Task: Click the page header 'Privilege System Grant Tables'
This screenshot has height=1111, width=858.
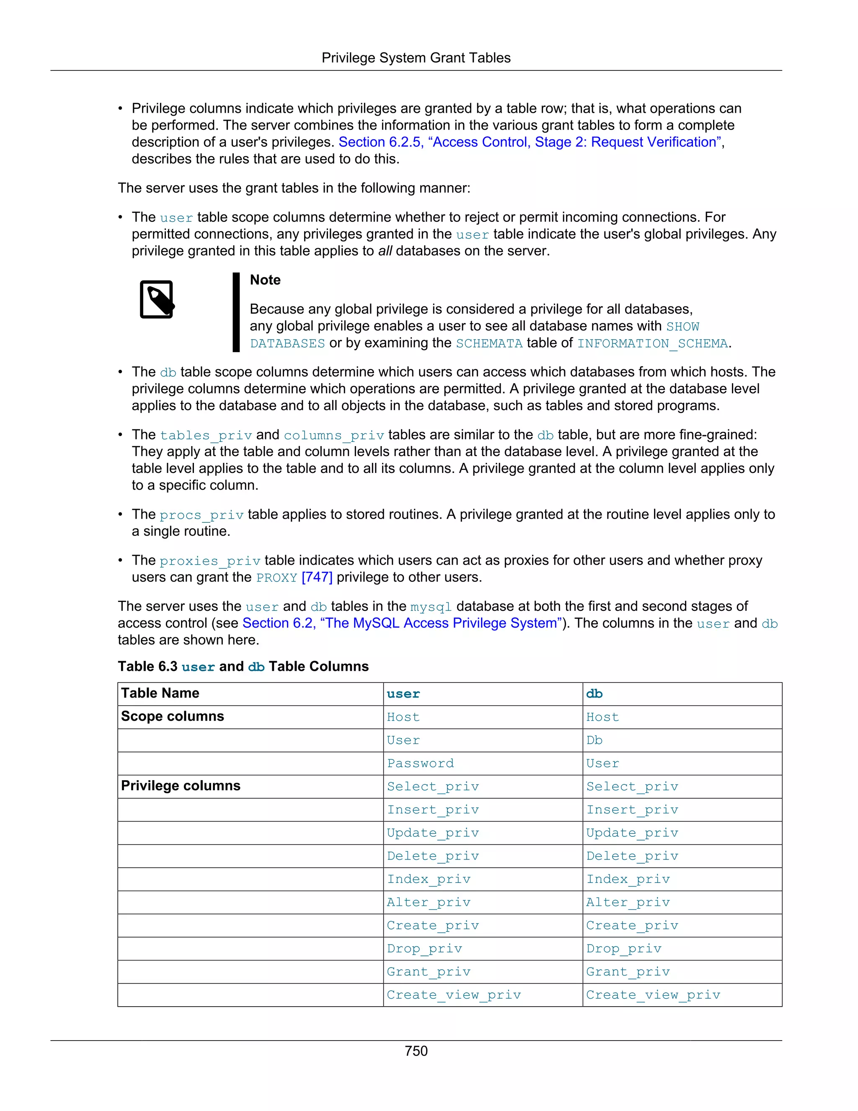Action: pyautogui.click(x=416, y=58)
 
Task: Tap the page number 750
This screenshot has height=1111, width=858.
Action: pyautogui.click(x=416, y=1051)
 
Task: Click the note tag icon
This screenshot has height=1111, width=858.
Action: pyautogui.click(x=157, y=300)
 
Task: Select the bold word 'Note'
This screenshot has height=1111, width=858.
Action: pyautogui.click(x=265, y=280)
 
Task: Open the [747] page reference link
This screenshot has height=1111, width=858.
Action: pyautogui.click(x=317, y=577)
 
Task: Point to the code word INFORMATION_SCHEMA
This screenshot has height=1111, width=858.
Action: pyautogui.click(x=652, y=343)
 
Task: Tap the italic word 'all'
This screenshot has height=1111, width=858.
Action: pyautogui.click(x=385, y=251)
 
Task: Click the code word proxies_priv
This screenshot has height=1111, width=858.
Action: pyautogui.click(x=209, y=561)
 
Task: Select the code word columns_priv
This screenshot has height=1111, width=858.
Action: pyautogui.click(x=333, y=436)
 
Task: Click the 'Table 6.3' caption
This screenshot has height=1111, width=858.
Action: pyautogui.click(x=243, y=667)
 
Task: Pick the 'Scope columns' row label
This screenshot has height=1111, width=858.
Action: pyautogui.click(x=172, y=716)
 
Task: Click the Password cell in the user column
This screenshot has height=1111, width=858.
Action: pyautogui.click(x=420, y=763)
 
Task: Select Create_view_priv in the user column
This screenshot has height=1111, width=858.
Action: pyautogui.click(x=453, y=994)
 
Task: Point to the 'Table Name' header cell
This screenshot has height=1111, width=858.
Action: pyautogui.click(x=160, y=693)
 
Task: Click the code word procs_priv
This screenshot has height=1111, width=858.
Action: pyautogui.click(x=201, y=515)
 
